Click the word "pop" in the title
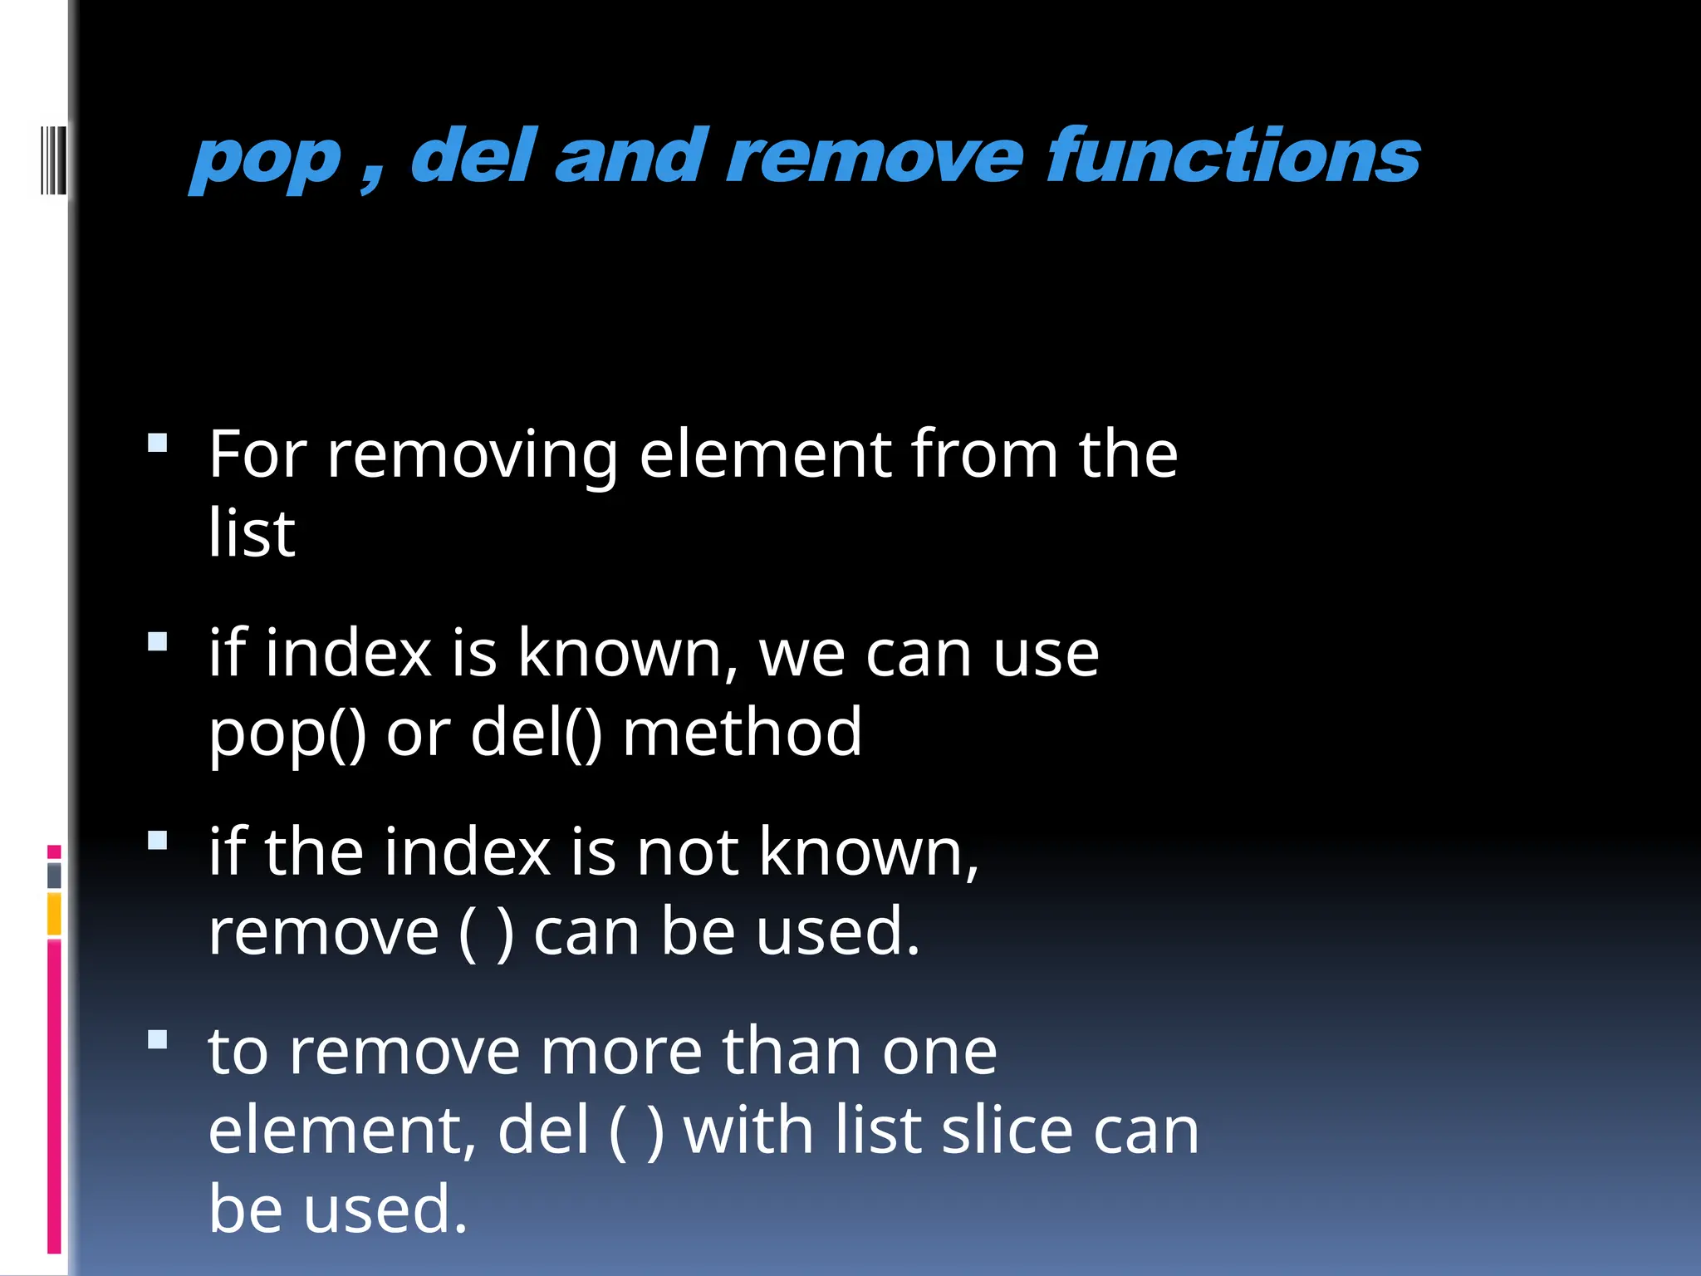point(266,159)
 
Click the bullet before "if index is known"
point(158,641)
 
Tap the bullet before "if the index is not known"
point(158,841)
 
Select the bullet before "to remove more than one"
point(158,1039)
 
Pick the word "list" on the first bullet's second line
point(251,532)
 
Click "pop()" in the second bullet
point(287,733)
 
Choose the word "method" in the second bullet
point(742,732)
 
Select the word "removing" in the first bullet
point(472,457)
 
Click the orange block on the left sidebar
point(54,914)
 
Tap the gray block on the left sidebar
point(54,876)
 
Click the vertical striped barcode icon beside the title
point(53,159)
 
